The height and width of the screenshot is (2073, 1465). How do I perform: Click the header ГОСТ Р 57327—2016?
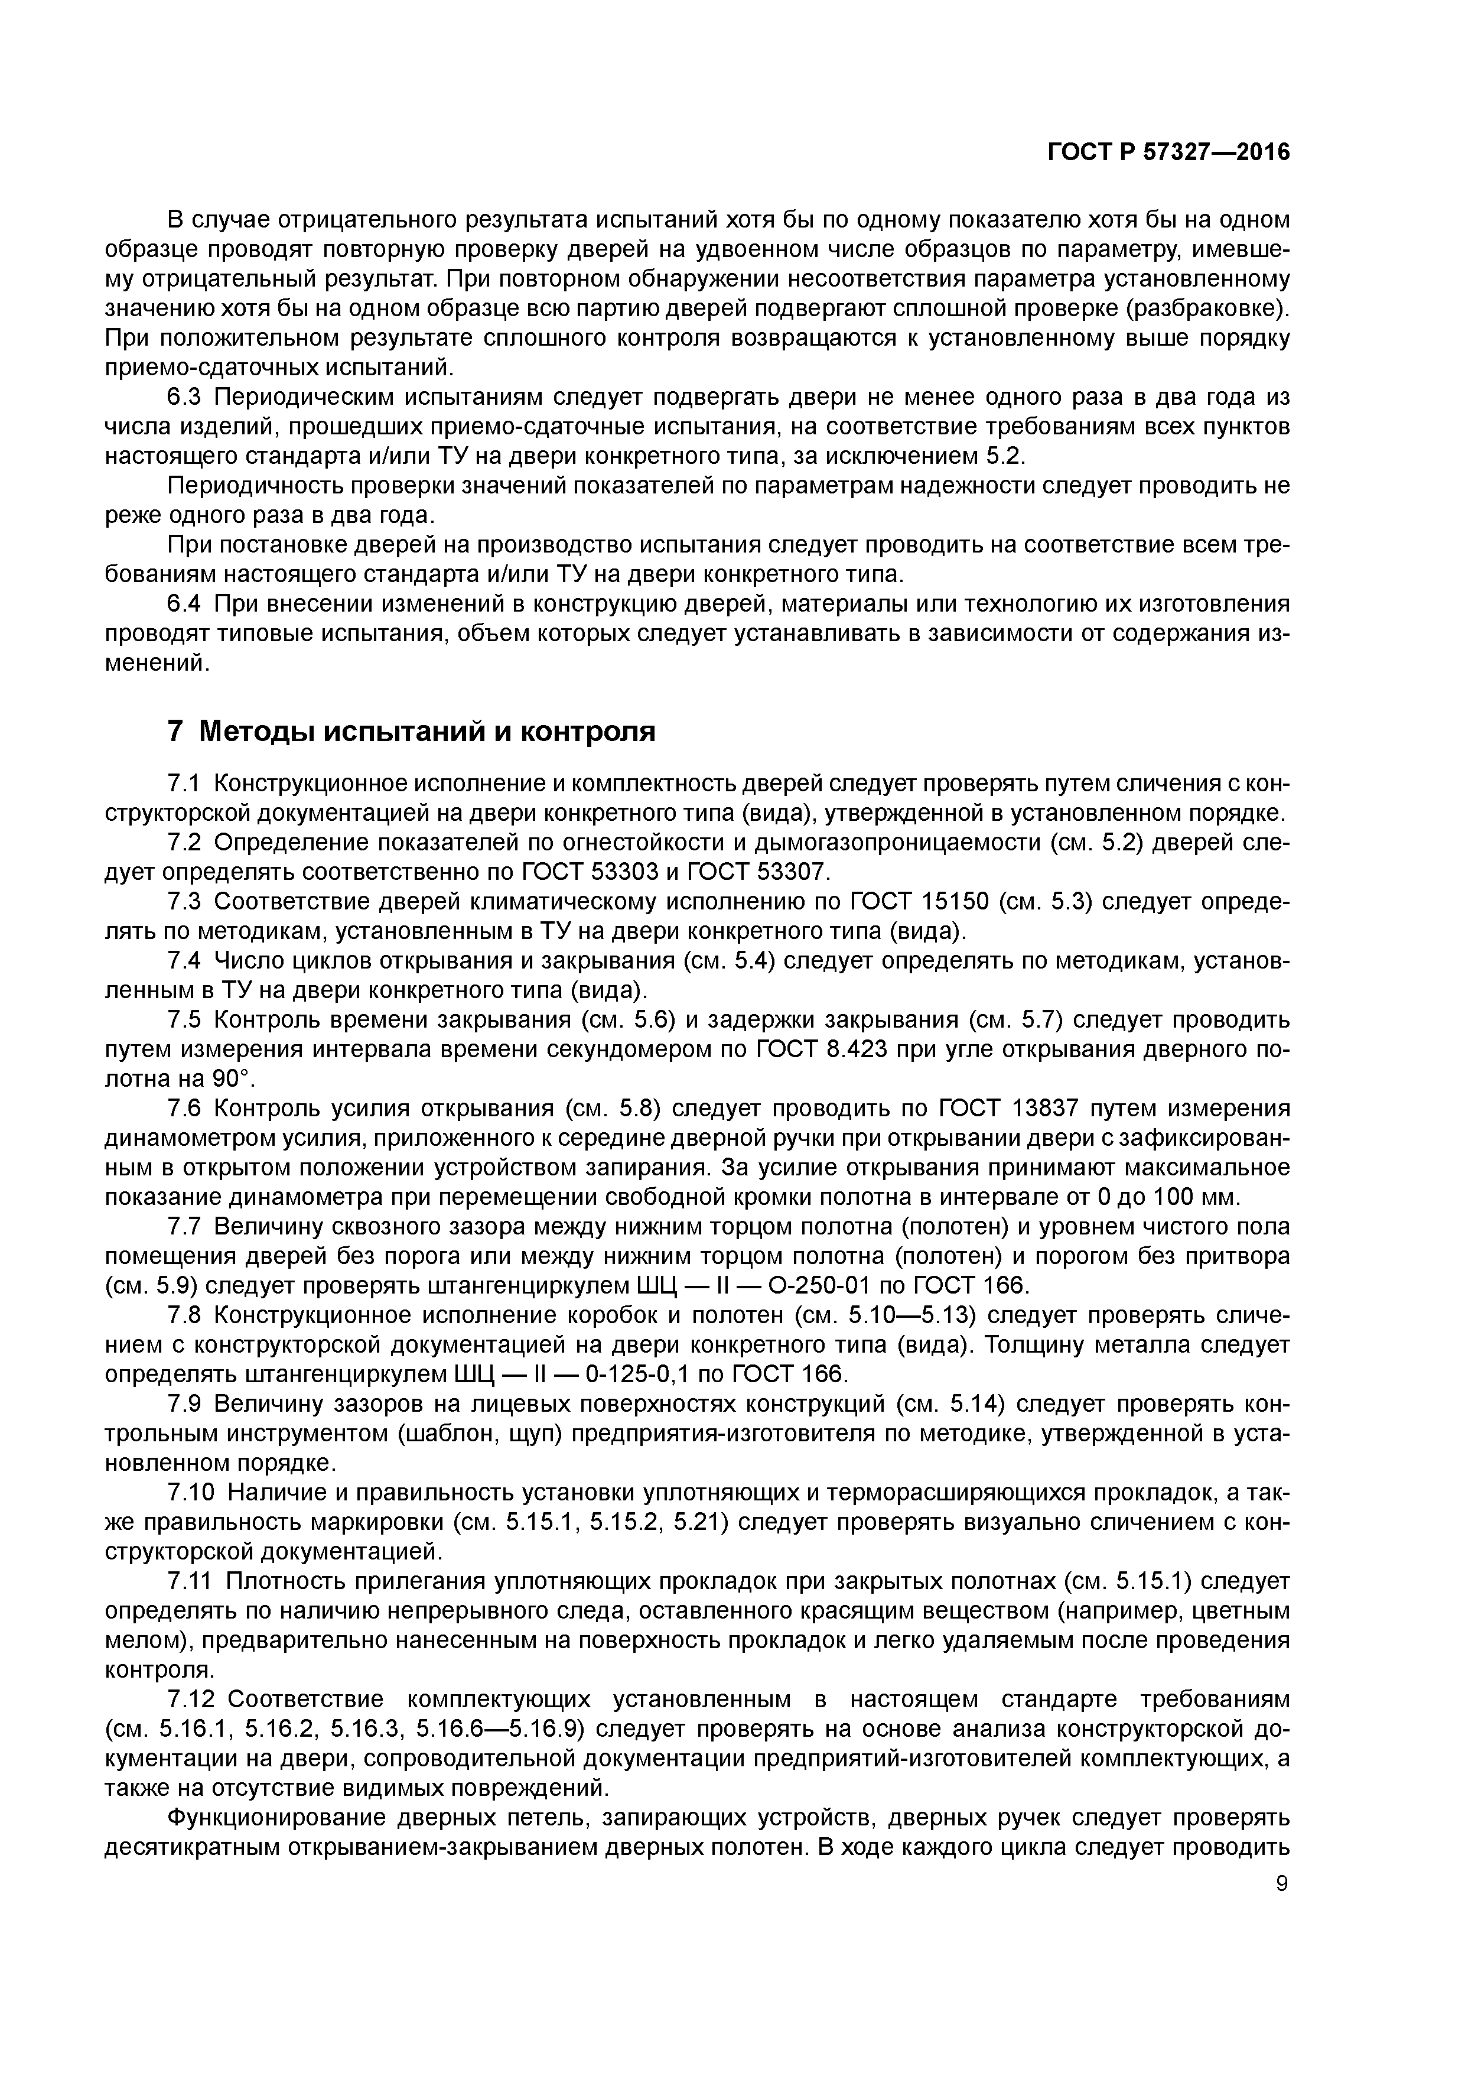[x=1168, y=152]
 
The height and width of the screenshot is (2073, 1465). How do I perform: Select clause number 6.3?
[x=188, y=397]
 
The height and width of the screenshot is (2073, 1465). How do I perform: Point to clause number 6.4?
[x=188, y=603]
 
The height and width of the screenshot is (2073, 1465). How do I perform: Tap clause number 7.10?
[x=194, y=1493]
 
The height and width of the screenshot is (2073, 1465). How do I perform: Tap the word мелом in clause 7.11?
[x=135, y=1640]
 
